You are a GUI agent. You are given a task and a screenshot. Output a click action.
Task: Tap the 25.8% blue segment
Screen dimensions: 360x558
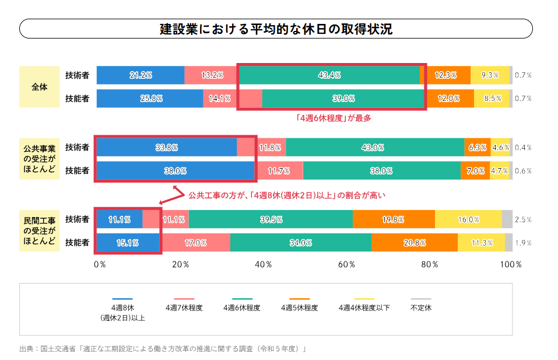(x=150, y=99)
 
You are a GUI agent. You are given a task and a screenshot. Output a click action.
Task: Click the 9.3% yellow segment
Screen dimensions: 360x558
(x=490, y=75)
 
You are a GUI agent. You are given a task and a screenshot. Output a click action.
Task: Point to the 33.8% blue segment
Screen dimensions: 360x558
(x=166, y=148)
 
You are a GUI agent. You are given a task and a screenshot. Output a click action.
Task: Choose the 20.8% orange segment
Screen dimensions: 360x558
(x=415, y=243)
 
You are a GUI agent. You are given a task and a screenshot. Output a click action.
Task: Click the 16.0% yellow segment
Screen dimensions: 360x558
(x=468, y=219)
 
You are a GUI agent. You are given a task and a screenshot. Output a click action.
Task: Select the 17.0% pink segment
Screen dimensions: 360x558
(x=195, y=243)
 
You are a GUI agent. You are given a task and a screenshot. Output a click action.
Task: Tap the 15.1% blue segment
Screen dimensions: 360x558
(x=128, y=243)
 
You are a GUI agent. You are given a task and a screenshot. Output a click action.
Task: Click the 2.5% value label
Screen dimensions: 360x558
(x=523, y=220)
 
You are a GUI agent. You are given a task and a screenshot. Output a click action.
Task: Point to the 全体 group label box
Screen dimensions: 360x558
(x=40, y=87)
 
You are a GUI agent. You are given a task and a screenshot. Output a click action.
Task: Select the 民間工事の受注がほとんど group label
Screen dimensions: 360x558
(x=40, y=230)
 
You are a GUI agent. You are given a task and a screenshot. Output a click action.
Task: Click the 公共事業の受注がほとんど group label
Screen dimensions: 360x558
(x=40, y=159)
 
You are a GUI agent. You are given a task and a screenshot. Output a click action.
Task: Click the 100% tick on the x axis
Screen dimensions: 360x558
(x=511, y=264)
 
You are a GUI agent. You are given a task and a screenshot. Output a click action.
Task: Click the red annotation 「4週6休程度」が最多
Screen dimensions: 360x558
(x=333, y=117)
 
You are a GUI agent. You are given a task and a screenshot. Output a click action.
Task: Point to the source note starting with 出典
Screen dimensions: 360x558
(x=163, y=349)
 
